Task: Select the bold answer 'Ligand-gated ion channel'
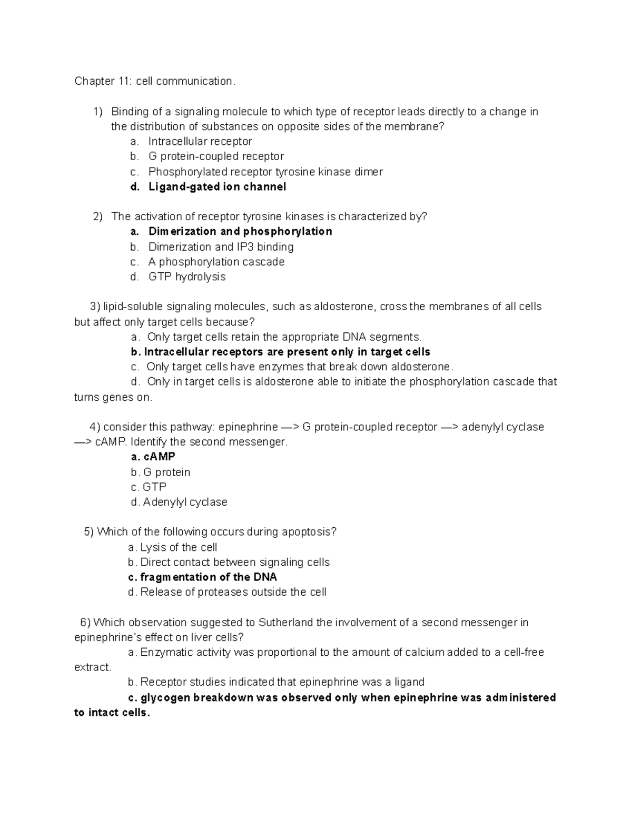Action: click(217, 187)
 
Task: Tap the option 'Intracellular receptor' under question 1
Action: click(200, 141)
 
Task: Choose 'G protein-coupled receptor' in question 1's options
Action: click(216, 156)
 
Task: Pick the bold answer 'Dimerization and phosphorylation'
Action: click(240, 232)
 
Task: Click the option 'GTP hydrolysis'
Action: click(187, 277)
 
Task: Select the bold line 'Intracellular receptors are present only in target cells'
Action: click(287, 352)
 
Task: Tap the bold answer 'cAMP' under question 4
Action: click(159, 457)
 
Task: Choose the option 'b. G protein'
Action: click(161, 472)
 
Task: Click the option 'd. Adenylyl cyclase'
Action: click(179, 502)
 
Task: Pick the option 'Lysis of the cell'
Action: click(179, 548)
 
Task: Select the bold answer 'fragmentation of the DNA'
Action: click(208, 577)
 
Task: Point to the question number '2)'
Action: click(97, 216)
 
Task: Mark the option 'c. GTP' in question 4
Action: click(149, 487)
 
